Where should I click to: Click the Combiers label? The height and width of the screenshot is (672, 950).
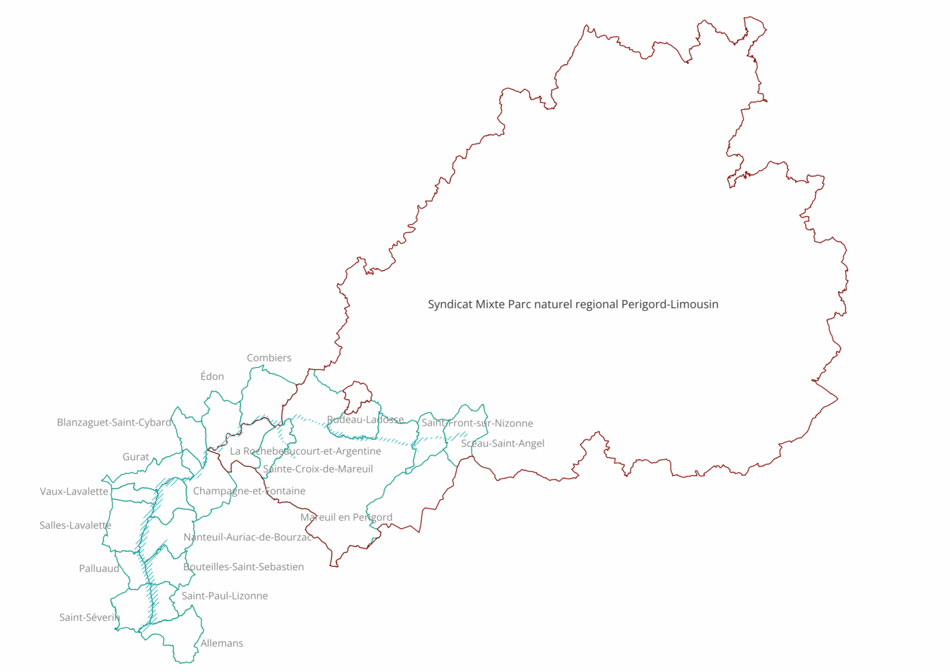pos(269,358)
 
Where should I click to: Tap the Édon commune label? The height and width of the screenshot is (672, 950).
pos(212,376)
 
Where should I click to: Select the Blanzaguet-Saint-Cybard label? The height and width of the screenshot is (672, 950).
pos(114,422)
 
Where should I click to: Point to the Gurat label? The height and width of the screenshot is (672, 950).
pos(136,457)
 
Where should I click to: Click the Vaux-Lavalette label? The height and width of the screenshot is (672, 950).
pos(74,491)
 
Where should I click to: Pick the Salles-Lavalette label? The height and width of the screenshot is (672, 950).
pos(75,525)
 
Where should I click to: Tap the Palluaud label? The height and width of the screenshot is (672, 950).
pos(99,569)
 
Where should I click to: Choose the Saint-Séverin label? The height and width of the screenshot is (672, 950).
pos(90,618)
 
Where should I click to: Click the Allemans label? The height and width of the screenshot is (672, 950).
pos(222,643)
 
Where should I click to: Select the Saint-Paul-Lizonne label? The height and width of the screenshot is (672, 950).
pos(225,596)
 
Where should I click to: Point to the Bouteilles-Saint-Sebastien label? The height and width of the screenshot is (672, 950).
pos(244,567)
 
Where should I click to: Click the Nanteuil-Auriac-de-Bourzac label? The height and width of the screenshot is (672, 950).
pos(248,537)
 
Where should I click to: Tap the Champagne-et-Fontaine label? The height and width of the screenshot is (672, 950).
pos(249,491)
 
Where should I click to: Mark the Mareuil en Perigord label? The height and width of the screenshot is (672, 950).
pos(346,517)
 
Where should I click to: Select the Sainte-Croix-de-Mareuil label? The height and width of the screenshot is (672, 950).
pos(318,469)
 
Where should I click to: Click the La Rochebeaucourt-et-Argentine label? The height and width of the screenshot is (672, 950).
pos(305,451)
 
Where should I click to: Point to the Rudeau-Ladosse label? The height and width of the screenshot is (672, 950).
pos(365,419)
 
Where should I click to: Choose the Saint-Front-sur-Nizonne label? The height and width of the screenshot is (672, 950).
pos(477,423)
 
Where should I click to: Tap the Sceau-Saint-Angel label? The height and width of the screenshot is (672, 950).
pos(503,443)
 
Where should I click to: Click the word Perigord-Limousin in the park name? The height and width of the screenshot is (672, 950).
pos(670,304)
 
